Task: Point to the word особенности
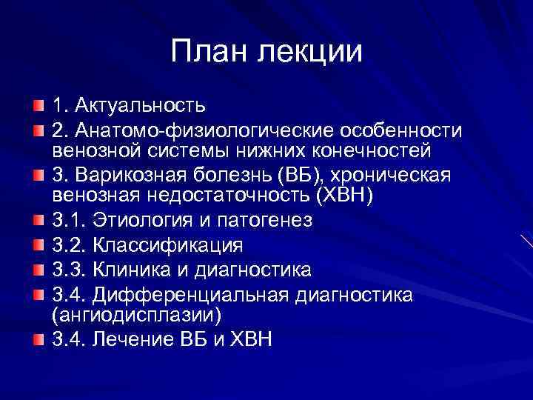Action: coord(399,131)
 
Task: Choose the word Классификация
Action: coord(163,245)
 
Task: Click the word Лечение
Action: coord(132,340)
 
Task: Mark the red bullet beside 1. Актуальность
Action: coord(38,106)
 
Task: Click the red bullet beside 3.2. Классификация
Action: coord(38,244)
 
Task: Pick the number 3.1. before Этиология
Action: coord(67,221)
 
